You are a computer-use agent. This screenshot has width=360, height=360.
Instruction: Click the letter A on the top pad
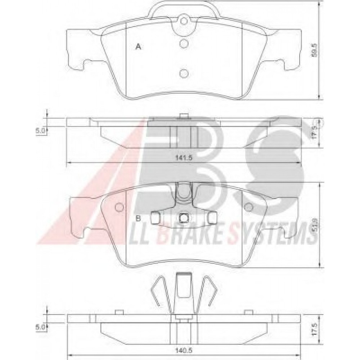(138, 46)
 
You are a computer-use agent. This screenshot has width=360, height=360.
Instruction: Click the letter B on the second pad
(138, 218)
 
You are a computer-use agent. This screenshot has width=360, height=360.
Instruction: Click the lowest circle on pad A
(184, 73)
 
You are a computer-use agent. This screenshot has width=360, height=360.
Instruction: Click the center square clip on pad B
(184, 218)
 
